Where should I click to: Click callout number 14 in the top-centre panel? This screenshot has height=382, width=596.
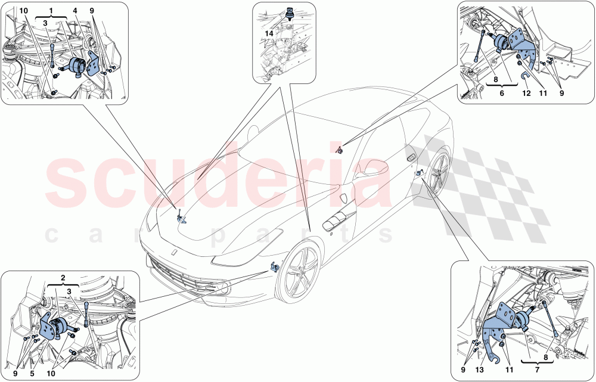coord(270,34)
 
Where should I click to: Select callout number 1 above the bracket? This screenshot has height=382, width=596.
coord(51,11)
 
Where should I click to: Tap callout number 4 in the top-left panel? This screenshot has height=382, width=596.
coord(75,11)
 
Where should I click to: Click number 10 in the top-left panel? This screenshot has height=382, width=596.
coord(23,11)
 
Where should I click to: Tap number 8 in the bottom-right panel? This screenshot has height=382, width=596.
coord(545,358)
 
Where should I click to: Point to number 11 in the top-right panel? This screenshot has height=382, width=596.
coord(544,93)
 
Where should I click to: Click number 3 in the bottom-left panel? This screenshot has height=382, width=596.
coord(70,291)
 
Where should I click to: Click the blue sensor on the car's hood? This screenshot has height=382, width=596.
coord(181,219)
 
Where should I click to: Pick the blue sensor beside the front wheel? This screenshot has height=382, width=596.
coord(275,267)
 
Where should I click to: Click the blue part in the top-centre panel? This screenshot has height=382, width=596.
coord(292,12)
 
